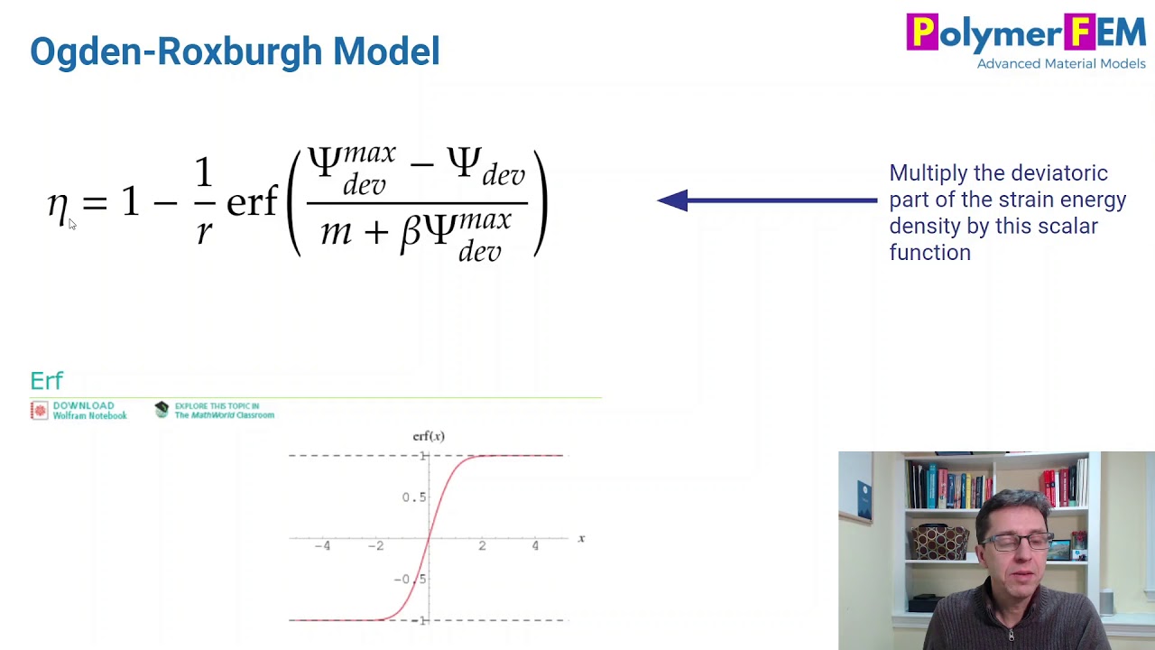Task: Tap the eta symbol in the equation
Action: (58, 207)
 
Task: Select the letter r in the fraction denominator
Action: (204, 232)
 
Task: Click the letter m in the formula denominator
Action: (337, 232)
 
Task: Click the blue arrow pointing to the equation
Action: (766, 200)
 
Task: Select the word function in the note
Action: (929, 253)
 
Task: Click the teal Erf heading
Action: (47, 381)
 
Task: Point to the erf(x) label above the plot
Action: (429, 436)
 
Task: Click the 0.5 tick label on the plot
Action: (413, 497)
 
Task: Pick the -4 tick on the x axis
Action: (322, 545)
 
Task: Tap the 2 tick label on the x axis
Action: (482, 545)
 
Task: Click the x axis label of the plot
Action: (581, 539)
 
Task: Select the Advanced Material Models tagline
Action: (1060, 64)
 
